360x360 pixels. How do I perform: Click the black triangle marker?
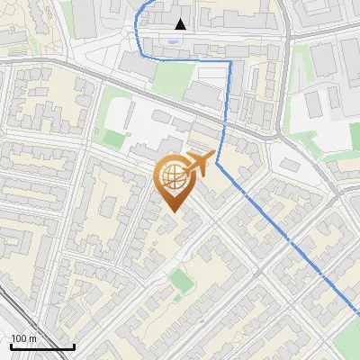pyautogui.click(x=181, y=24)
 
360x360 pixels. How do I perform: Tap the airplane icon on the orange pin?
pyautogui.click(x=199, y=165)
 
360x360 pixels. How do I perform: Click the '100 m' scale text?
pyautogui.click(x=22, y=338)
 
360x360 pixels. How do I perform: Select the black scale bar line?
pyautogui.click(x=42, y=346)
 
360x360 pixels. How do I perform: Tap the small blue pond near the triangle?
pyautogui.click(x=172, y=41)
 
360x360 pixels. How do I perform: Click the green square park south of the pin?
pyautogui.click(x=182, y=281)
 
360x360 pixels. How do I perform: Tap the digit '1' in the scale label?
pyautogui.click(x=13, y=338)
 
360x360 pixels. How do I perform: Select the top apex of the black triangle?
pyautogui.click(x=181, y=19)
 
